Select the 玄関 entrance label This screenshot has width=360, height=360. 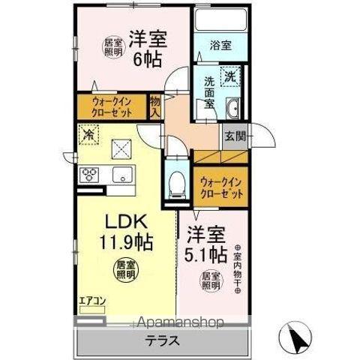pos(232,136)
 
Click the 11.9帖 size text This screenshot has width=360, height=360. pos(121,244)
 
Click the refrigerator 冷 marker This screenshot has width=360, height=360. pos(88,136)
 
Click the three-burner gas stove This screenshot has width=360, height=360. pos(91,175)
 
